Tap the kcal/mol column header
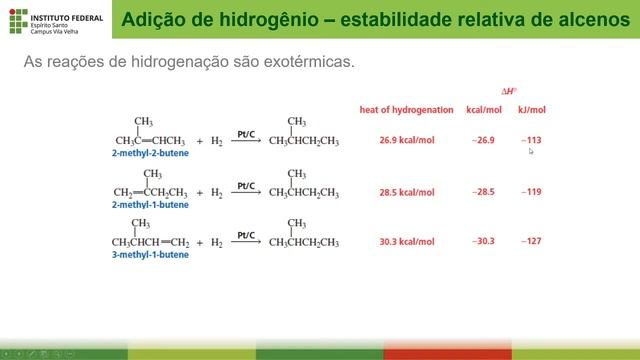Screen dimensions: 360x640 click(x=484, y=109)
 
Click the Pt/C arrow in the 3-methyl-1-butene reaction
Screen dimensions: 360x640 click(x=247, y=240)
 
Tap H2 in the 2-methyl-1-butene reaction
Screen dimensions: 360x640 click(x=215, y=192)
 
